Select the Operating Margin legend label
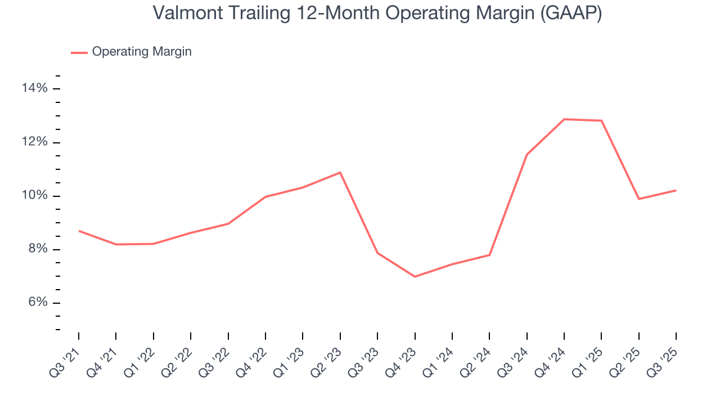[x=142, y=52]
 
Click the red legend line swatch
[x=79, y=52]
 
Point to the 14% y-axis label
[x=35, y=88]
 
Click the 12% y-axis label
[x=35, y=142]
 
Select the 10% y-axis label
[x=35, y=196]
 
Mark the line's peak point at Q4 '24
[x=564, y=119]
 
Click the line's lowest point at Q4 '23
[x=415, y=277]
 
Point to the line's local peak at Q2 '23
[x=340, y=172]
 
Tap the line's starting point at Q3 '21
[x=79, y=231]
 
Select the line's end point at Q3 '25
[x=676, y=190]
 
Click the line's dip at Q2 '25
[x=638, y=199]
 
